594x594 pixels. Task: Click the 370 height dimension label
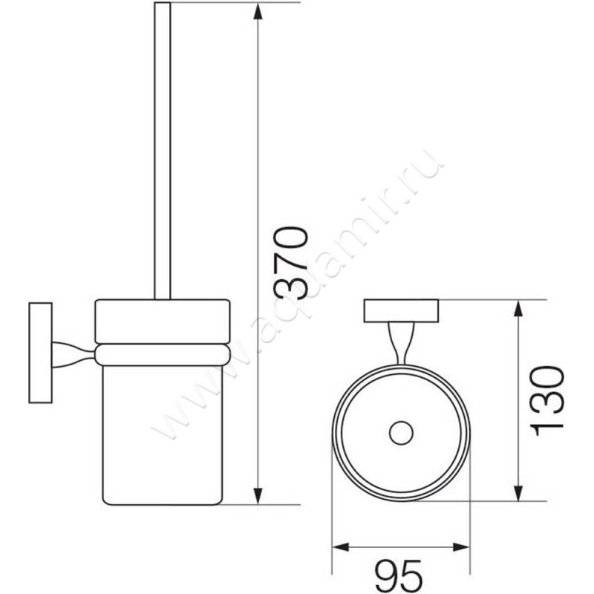[x=290, y=263]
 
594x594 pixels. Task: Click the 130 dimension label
[x=546, y=401]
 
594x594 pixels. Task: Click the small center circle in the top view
[x=401, y=433]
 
